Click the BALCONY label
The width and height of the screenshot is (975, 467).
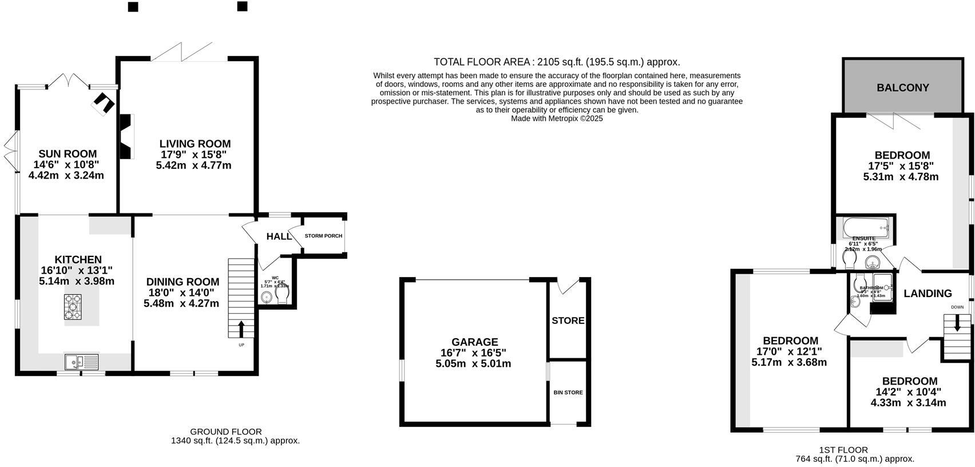click(x=902, y=88)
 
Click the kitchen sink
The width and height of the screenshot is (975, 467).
click(x=81, y=361)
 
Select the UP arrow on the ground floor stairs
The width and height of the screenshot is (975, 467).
click(x=241, y=329)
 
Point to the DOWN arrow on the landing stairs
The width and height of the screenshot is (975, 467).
click(x=957, y=323)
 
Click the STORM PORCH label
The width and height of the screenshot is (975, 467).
click(x=323, y=236)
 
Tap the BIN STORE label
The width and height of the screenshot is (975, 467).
click(x=568, y=393)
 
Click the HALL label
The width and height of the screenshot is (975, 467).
click(x=279, y=236)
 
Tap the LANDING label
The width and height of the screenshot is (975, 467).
click(x=928, y=294)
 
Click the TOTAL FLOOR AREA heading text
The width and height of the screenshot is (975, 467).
click(x=556, y=62)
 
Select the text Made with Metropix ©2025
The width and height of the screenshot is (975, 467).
click(x=556, y=118)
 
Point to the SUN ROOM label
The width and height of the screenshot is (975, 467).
click(x=67, y=154)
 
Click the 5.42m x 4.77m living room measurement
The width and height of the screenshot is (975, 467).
click(x=193, y=165)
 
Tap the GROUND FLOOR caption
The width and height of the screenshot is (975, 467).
click(x=225, y=432)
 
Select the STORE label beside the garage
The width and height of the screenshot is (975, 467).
click(x=568, y=320)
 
